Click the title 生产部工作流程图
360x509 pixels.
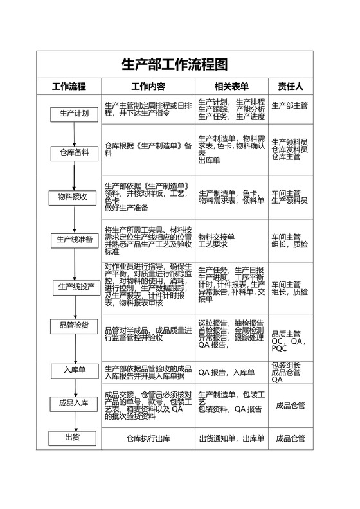pyautogui.click(x=175, y=64)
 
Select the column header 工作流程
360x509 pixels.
pyautogui.click(x=69, y=86)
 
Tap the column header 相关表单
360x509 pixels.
pyautogui.click(x=231, y=86)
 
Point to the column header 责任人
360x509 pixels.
pyautogui.click(x=290, y=86)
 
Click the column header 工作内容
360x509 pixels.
pyautogui.click(x=148, y=86)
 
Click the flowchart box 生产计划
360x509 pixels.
pyautogui.click(x=74, y=114)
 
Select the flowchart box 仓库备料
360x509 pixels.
pyautogui.click(x=74, y=153)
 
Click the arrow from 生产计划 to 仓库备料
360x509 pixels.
pyautogui.click(x=75, y=134)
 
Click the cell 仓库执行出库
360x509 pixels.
pyautogui.click(x=148, y=439)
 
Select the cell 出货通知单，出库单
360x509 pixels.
pyautogui.click(x=231, y=439)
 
